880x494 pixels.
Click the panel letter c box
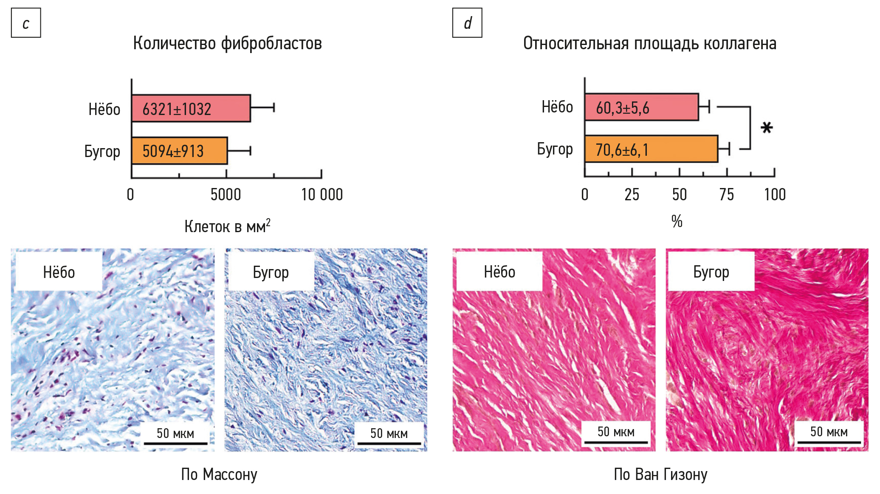(26, 23)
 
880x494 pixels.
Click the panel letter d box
(467, 23)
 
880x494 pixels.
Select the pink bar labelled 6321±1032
(191, 109)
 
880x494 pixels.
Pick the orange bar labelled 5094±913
(179, 151)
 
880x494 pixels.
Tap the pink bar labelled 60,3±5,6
(641, 107)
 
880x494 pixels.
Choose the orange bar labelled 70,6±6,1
(651, 149)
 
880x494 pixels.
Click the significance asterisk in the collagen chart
(767, 128)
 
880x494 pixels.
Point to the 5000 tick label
(226, 195)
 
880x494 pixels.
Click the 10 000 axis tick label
(322, 195)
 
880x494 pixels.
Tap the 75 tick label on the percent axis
(727, 195)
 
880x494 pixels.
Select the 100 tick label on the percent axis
(775, 195)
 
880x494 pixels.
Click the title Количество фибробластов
(227, 43)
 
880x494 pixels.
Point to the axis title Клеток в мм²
(227, 226)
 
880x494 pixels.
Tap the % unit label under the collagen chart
(677, 221)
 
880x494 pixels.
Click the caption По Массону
(219, 474)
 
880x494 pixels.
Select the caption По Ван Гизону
(660, 474)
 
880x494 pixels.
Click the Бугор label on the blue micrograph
(271, 272)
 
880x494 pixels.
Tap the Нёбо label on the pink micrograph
(499, 272)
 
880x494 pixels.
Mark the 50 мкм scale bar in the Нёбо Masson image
(175, 443)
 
